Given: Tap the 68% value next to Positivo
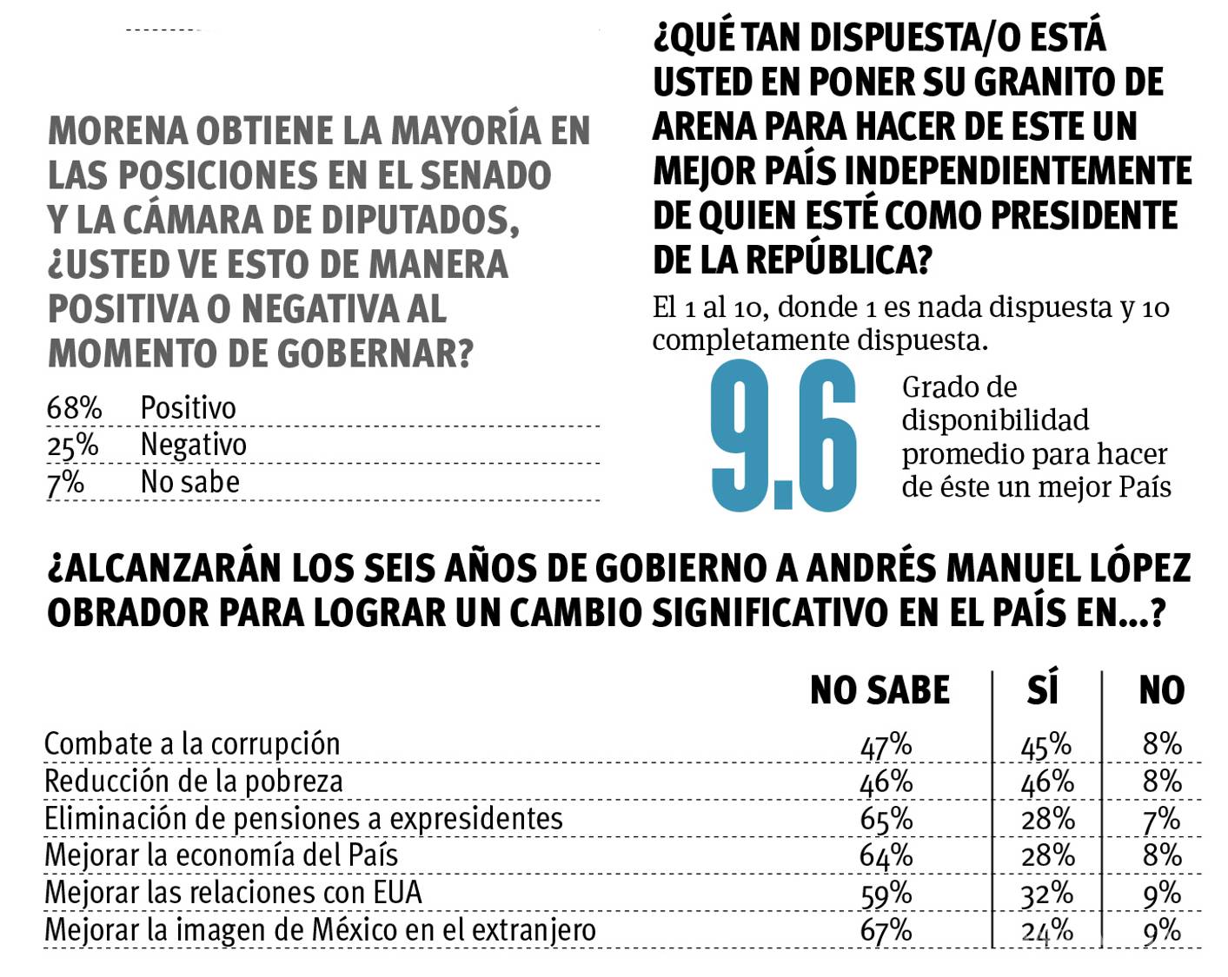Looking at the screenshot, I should pos(74,408).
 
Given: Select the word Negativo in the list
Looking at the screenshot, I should pos(193,445).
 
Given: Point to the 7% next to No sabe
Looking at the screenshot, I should pos(65,482).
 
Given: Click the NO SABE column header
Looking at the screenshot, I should pos(880,690).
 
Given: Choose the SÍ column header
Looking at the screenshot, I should pos(1043,690).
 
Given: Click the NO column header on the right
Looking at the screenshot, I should pos(1161,690).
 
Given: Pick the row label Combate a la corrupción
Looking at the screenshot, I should pos(192,744).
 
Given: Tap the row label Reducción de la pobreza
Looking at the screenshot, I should pos(193,782).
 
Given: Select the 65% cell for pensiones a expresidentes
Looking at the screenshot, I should pos(886,819).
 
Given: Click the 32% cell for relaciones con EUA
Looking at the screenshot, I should pos(1047,894).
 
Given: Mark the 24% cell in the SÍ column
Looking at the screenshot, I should pos(1047,931).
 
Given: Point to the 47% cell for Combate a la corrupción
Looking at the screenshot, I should pos(886,745).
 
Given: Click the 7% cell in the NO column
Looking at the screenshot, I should pos(1162,819).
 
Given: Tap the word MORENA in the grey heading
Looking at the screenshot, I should pos(118,131).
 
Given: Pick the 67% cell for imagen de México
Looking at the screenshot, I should pos(886,931).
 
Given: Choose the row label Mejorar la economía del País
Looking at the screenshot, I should pos(221,855).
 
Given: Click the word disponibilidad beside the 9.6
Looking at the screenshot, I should pos(994,420).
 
